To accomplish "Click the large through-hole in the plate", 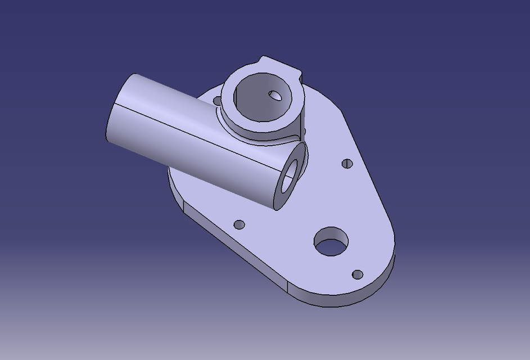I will [331, 242].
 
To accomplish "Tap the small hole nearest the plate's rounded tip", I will [357, 274].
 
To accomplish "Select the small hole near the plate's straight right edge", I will [347, 164].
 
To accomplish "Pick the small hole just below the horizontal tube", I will [239, 224].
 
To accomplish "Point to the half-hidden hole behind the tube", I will [218, 101].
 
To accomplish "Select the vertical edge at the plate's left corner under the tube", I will [184, 209].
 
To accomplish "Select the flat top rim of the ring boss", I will [230, 107].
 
